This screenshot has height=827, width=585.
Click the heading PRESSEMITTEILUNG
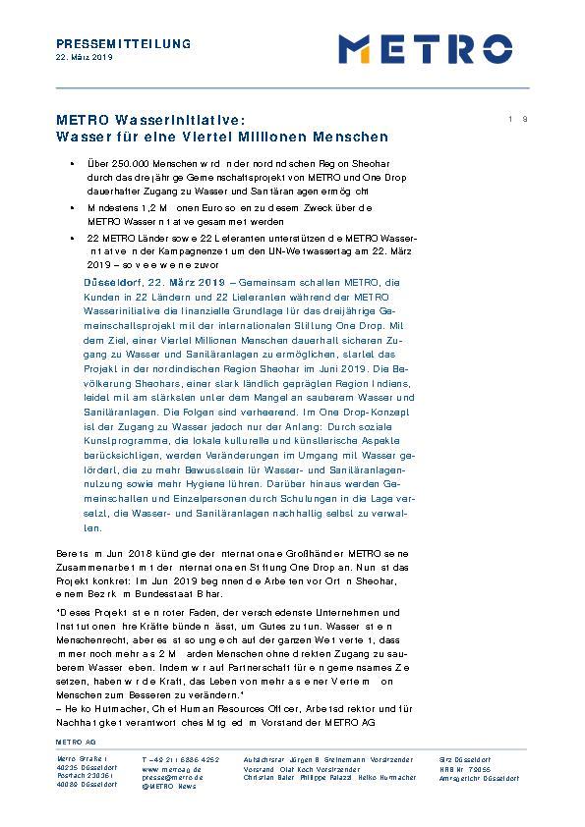[123, 44]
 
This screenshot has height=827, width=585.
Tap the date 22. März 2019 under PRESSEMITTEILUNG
[84, 58]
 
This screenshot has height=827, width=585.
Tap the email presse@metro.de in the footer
[172, 776]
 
